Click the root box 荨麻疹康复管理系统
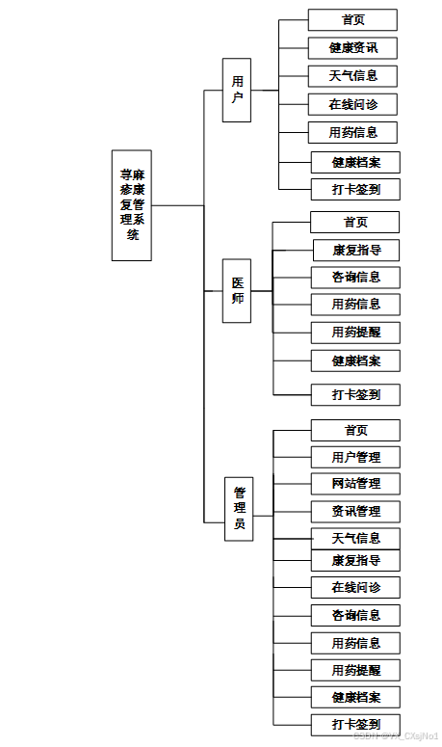132,205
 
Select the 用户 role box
237,91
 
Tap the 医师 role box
237,290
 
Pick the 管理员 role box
239,508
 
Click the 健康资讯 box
352,47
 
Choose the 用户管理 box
355,457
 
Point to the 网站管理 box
355,484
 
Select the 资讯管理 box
355,511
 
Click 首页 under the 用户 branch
352,20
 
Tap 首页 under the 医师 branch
354,222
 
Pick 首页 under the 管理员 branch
355,430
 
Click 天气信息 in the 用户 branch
352,75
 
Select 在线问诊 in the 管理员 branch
355,587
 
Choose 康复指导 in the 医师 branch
355,250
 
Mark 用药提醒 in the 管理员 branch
355,670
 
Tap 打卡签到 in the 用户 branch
355,189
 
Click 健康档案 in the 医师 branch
355,360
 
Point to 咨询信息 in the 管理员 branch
355,615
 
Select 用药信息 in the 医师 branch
355,305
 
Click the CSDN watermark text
396,736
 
